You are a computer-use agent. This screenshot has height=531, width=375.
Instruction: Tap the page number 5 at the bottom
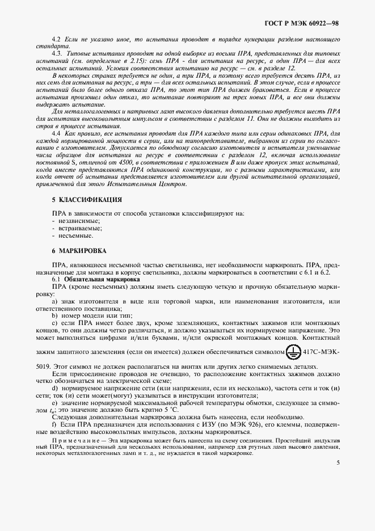(x=338, y=462)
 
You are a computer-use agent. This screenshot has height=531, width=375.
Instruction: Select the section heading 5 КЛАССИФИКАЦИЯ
(x=86, y=200)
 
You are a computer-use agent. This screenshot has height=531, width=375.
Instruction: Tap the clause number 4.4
(x=56, y=133)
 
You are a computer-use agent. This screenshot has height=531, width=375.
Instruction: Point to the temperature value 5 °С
(x=150, y=410)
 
